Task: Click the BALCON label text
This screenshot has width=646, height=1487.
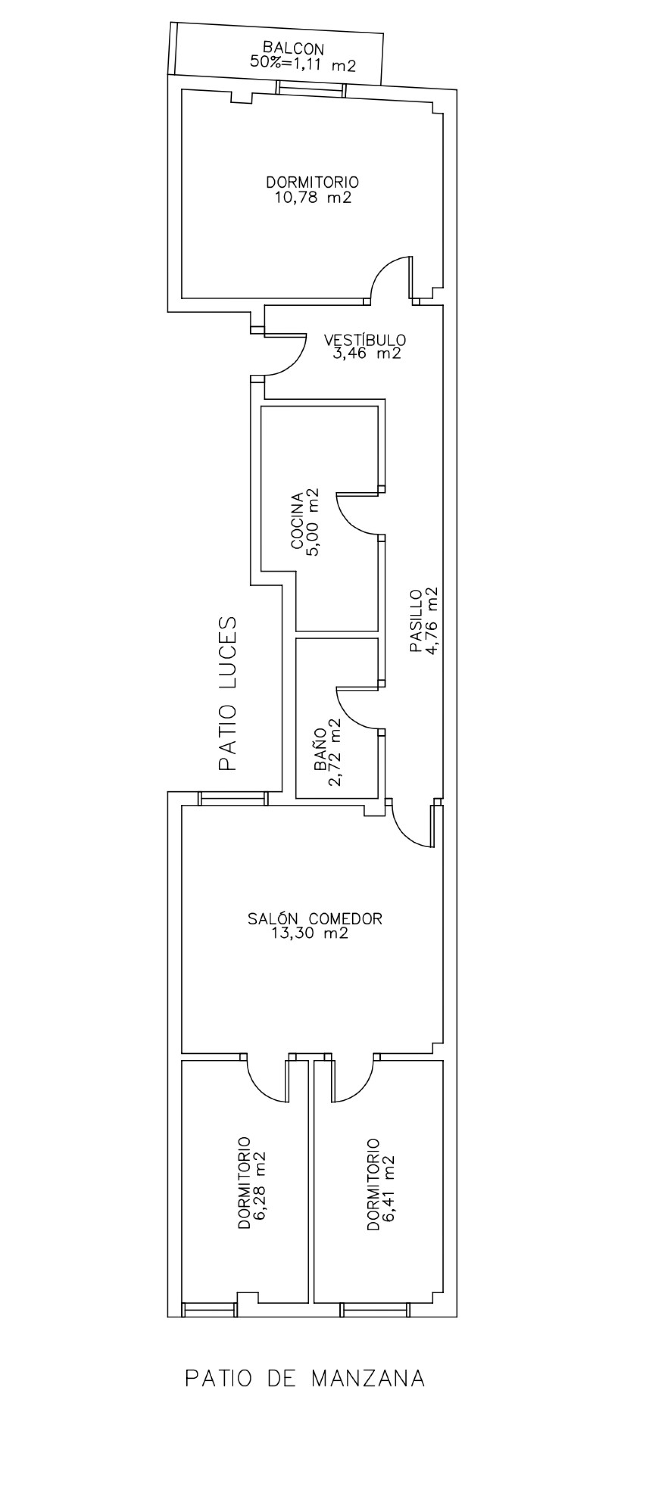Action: (x=293, y=48)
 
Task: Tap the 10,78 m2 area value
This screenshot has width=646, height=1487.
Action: (x=313, y=198)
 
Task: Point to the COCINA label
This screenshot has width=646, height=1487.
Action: (x=297, y=521)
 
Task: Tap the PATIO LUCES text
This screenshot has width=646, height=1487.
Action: (x=228, y=694)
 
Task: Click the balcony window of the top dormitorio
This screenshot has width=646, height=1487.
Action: (x=310, y=89)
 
